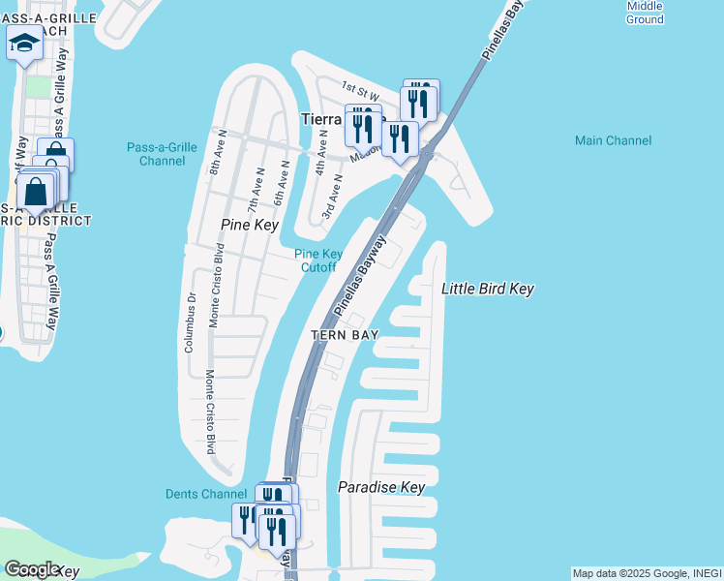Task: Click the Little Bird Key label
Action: pos(488,289)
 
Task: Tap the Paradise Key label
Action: pos(381,487)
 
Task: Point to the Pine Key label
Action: pos(250,225)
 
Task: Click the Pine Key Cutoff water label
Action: pos(318,260)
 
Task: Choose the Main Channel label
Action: pos(613,140)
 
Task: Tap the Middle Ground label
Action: pos(644,13)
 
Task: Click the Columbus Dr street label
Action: pos(190,322)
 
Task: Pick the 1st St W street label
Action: pos(358,89)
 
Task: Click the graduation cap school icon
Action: pos(24,42)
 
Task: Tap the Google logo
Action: pos(30,569)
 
